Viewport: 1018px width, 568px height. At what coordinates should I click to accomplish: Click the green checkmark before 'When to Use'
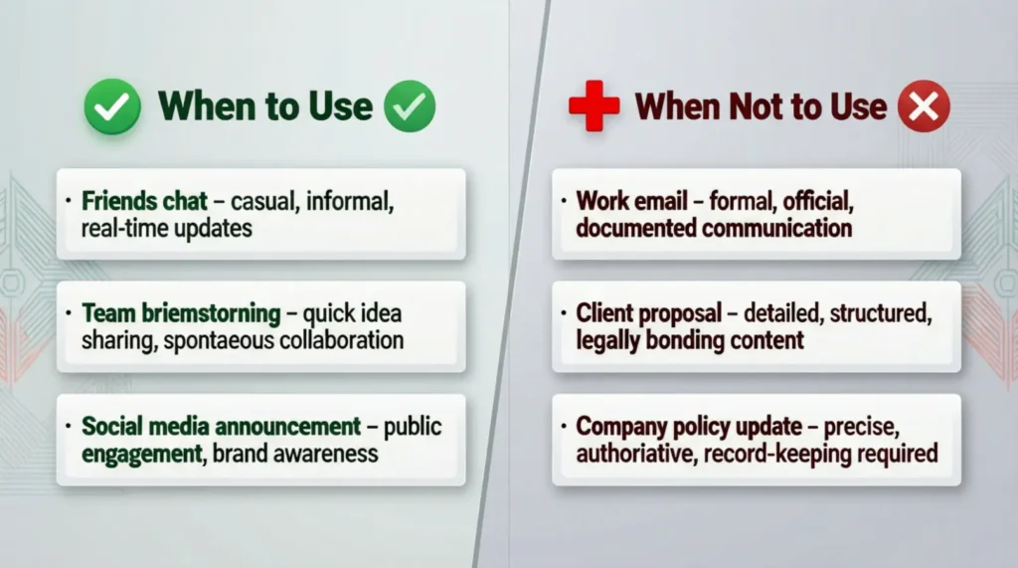(112, 106)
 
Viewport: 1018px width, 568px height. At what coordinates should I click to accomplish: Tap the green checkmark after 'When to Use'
(410, 106)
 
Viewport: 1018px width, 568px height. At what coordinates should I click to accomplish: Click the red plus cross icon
(594, 106)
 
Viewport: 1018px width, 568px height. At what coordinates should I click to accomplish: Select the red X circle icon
(924, 106)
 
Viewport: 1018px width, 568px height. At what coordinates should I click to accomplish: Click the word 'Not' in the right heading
(755, 106)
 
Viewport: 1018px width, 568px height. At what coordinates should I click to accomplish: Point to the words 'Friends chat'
(145, 201)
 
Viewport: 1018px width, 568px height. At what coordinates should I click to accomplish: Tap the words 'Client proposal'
(649, 313)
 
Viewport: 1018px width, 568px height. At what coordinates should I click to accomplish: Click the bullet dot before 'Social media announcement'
(69, 427)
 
